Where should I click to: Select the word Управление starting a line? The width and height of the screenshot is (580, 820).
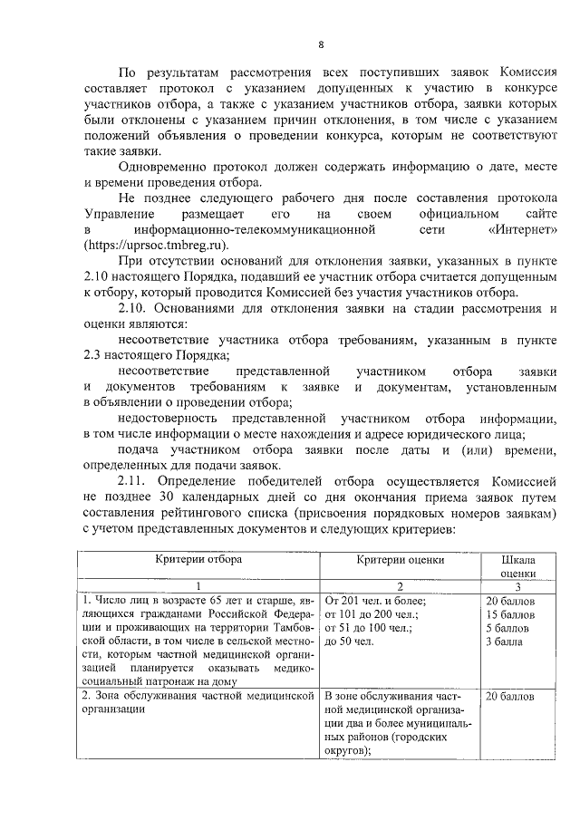[116, 215]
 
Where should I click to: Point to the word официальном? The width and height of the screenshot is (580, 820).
[420, 215]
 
